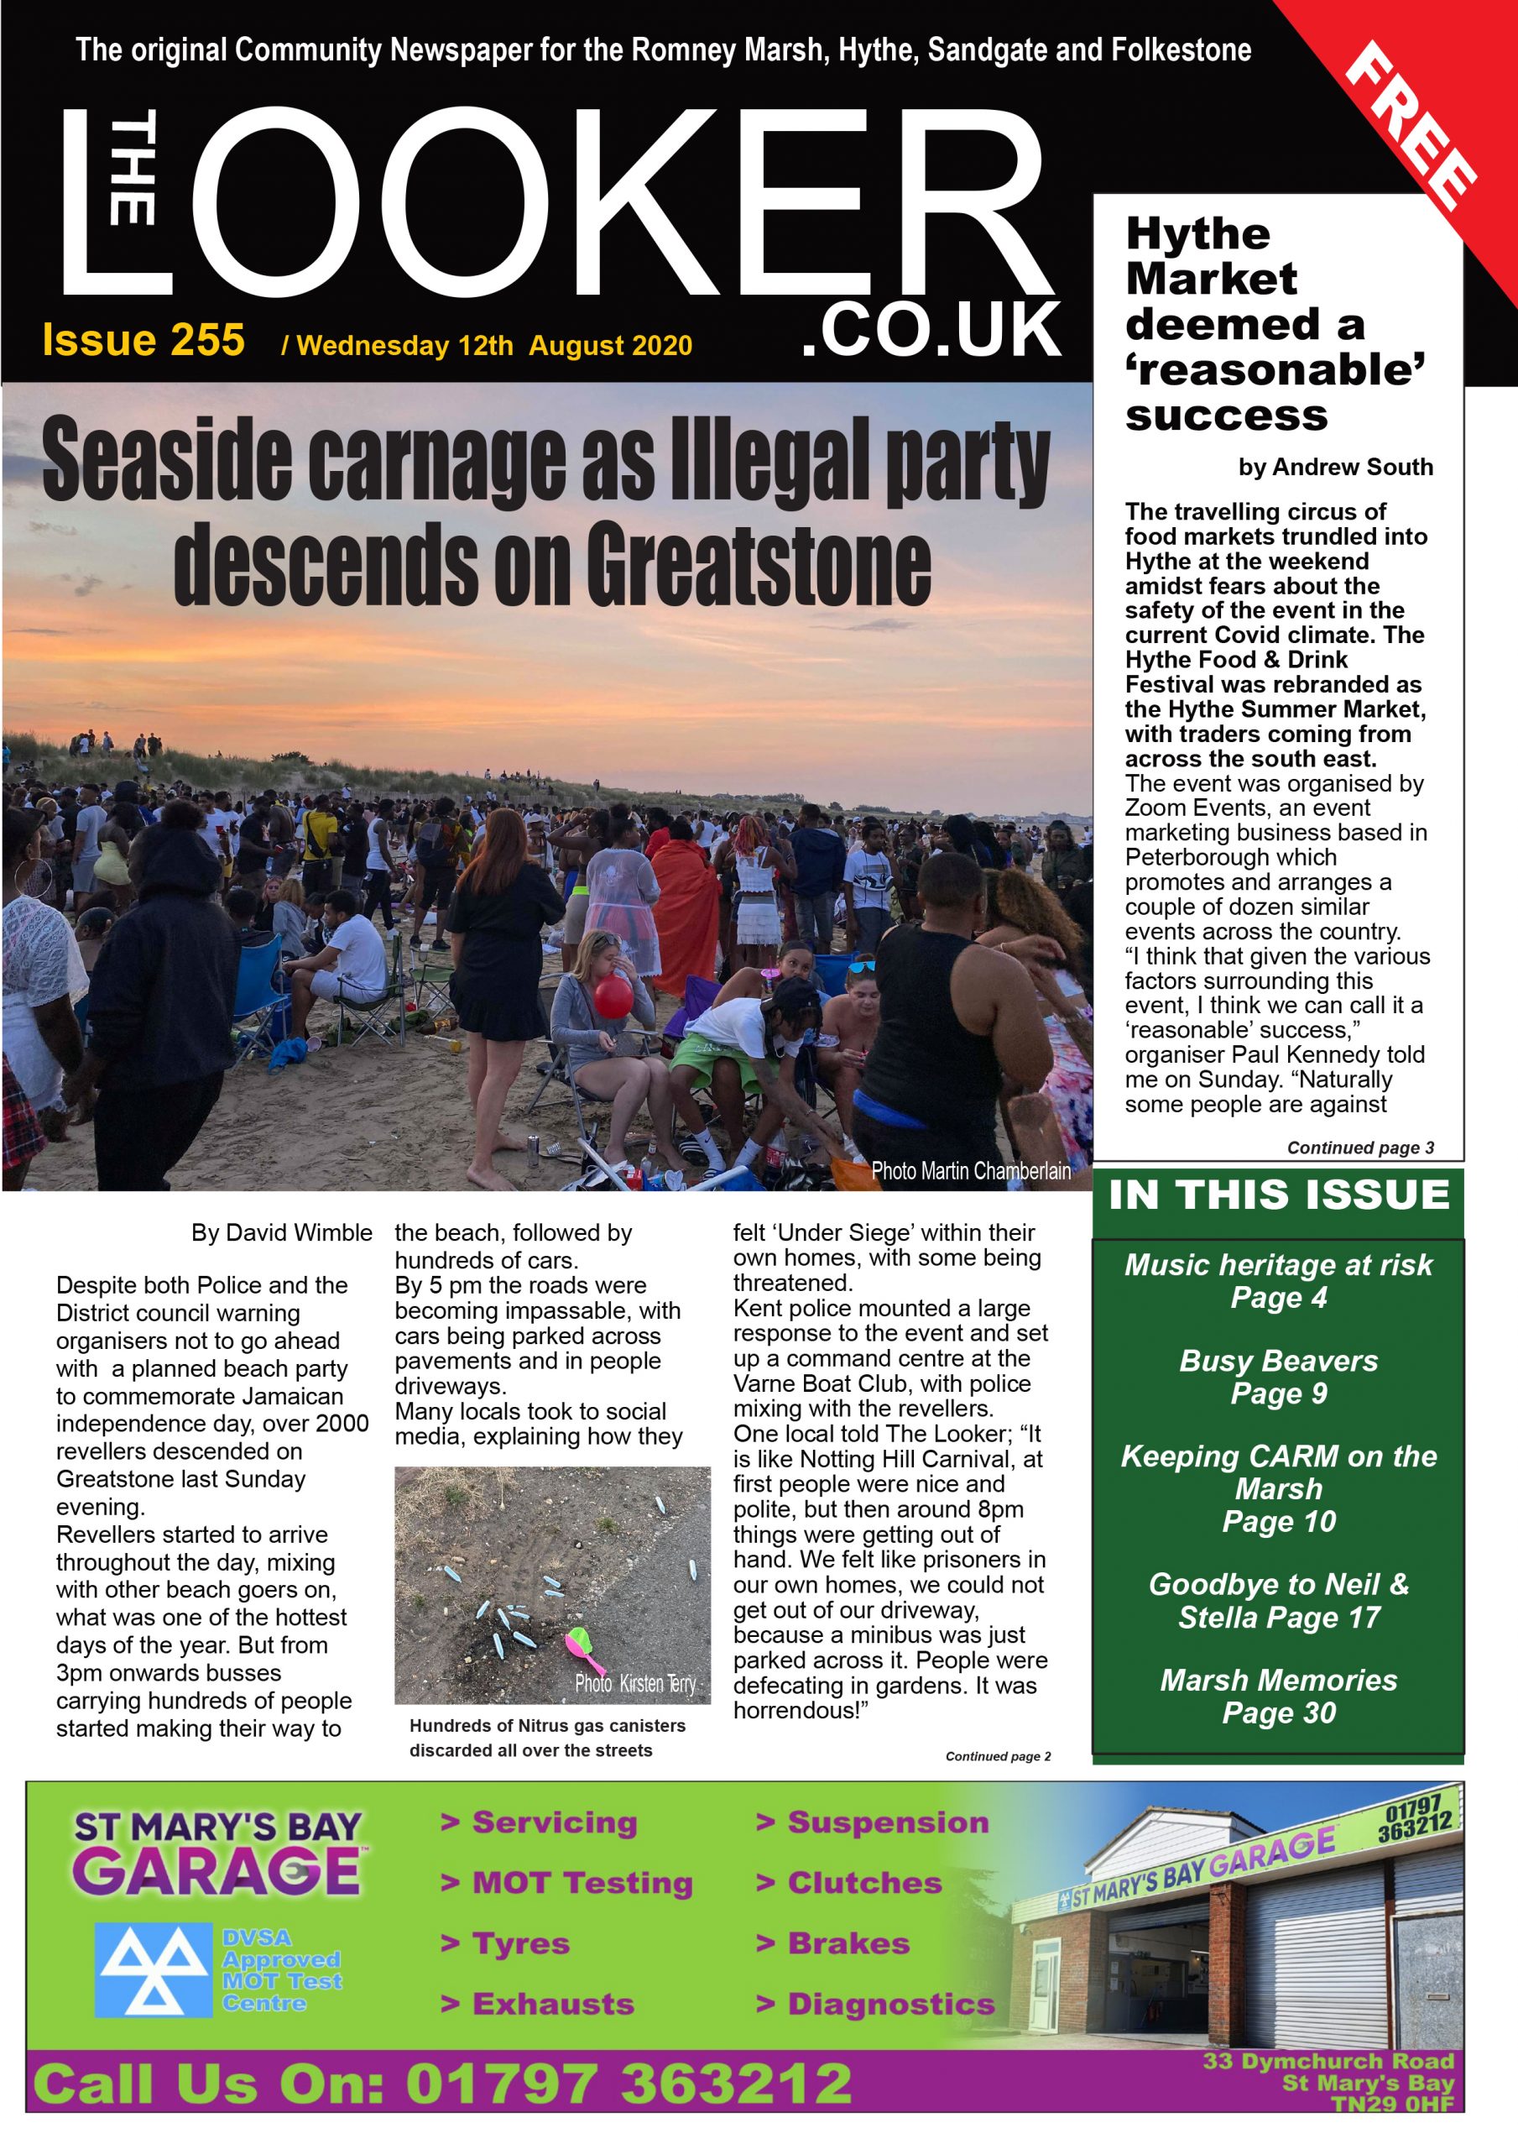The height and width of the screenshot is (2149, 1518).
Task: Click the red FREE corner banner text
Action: click(x=1411, y=127)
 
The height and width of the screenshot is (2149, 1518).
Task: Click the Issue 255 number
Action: click(x=143, y=341)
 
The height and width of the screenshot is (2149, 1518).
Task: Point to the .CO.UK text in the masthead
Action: click(x=931, y=331)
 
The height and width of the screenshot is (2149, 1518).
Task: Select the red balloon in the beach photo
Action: click(x=614, y=996)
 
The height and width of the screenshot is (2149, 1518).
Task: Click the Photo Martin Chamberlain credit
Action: click(x=971, y=1170)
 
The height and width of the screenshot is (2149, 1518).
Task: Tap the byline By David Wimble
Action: click(x=281, y=1232)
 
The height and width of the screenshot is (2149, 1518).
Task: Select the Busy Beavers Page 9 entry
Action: click(x=1278, y=1376)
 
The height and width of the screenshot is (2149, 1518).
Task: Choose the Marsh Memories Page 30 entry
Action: click(x=1278, y=1696)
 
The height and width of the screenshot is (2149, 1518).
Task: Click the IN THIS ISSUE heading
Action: click(x=1278, y=1195)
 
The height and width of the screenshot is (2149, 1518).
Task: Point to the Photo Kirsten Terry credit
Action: click(x=635, y=1684)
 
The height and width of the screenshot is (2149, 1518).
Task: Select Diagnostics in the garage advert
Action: click(x=890, y=2004)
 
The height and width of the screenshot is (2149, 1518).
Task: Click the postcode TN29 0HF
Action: click(x=1393, y=2104)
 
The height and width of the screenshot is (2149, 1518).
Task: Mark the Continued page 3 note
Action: click(x=1360, y=1148)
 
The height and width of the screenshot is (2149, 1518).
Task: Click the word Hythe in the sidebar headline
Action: click(x=1198, y=234)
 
